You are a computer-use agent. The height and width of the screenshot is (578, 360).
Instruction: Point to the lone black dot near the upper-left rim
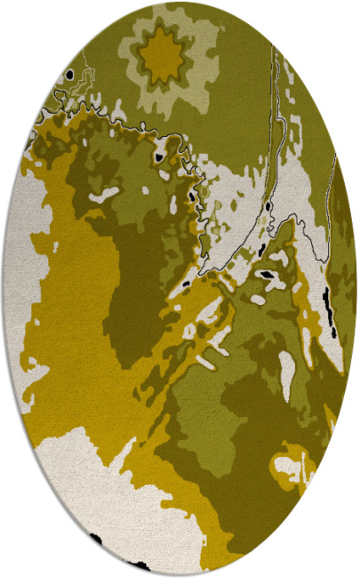68,76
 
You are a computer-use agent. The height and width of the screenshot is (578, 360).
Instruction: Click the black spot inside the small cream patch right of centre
267,275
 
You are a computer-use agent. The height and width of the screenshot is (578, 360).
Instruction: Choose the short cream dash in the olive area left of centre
107,192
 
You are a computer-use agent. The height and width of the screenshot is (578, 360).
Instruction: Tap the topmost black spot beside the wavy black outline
160,158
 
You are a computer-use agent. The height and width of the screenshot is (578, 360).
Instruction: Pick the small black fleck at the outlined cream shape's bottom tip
187,284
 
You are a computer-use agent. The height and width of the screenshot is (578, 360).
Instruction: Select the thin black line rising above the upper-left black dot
85,58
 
